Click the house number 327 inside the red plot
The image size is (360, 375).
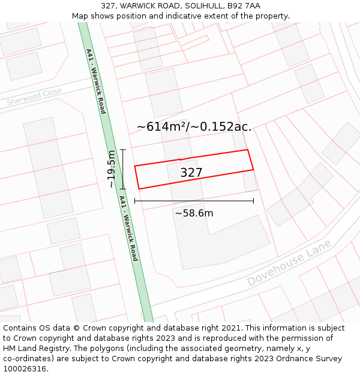191,173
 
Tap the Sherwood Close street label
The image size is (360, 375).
34,97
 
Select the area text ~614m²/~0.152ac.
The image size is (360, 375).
194,127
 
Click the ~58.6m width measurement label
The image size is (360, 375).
194,213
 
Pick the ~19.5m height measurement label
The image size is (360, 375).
112,170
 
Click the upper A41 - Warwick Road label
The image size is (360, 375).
95,81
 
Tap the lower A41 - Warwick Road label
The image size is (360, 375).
128,228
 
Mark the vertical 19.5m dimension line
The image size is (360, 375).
123,169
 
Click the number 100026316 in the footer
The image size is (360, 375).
25,369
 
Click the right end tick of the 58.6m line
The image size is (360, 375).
253,201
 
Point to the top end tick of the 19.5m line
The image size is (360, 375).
123,149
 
